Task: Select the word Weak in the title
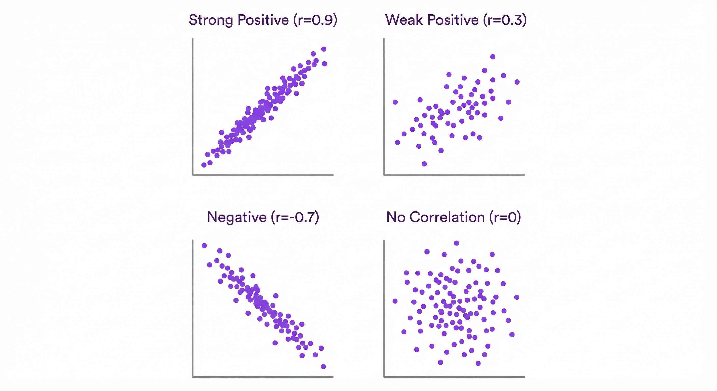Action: tap(404, 20)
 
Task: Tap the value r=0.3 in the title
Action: tap(505, 20)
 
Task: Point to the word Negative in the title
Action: tap(237, 217)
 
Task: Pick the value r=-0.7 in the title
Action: tap(295, 217)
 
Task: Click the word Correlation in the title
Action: tap(447, 217)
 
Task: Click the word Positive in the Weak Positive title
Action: tap(453, 20)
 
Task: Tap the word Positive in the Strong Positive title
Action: tap(263, 20)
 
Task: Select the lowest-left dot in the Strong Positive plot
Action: tap(204, 165)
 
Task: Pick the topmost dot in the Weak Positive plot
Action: tap(493, 57)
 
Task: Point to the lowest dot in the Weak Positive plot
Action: tap(424, 164)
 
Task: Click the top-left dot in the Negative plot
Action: tap(204, 245)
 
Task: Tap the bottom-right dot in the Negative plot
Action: tap(323, 367)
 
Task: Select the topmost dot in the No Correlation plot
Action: tap(456, 243)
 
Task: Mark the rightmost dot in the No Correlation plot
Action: tap(517, 297)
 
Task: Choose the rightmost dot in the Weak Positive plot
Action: tap(517, 82)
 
